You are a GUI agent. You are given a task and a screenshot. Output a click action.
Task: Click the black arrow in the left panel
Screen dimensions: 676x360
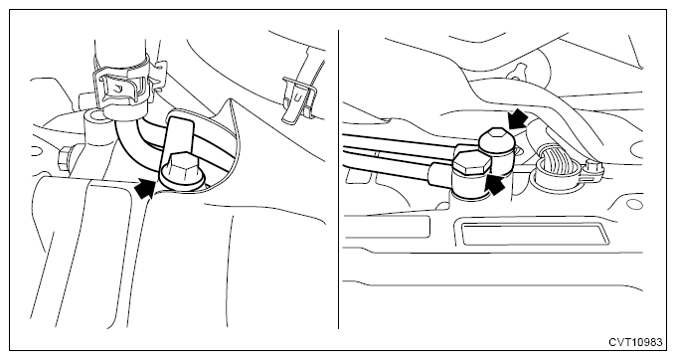coord(145,188)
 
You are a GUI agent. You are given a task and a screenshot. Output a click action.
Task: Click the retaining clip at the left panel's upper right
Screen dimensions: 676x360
coord(296,98)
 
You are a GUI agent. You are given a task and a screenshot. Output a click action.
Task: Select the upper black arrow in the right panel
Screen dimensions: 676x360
coord(517,117)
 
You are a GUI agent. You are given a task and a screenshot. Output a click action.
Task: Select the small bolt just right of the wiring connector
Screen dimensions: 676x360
coord(594,166)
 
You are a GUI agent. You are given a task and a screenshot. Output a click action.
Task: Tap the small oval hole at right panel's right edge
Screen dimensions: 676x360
coord(634,204)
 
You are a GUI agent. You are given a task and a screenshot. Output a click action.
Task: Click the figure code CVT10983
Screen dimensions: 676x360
coord(635,342)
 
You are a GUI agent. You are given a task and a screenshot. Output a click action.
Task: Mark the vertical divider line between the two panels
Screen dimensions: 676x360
coord(338,179)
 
